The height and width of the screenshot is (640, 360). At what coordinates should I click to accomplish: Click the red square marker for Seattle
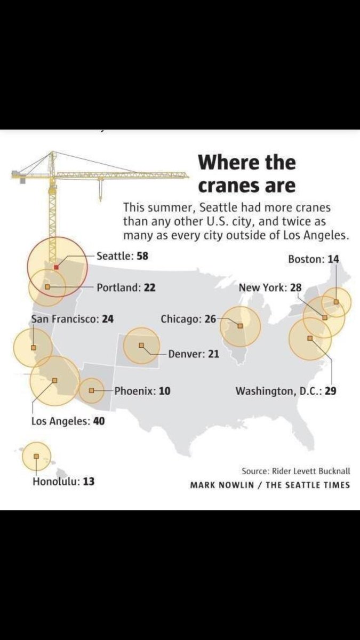pos(56,266)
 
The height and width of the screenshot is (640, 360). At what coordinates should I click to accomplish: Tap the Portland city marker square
pos(47,287)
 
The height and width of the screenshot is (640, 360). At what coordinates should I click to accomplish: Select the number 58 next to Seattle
pos(142,256)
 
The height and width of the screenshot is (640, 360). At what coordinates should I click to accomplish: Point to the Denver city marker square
pos(141,345)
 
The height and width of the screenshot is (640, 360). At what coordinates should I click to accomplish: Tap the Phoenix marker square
pos(92,391)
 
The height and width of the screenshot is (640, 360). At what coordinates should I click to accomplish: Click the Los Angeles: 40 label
pos(68,421)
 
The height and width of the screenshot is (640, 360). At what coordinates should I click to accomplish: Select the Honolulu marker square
pos(36,456)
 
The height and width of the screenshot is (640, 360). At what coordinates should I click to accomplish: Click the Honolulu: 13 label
pos(63,481)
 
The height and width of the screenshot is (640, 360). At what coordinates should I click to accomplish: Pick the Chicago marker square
pos(240,325)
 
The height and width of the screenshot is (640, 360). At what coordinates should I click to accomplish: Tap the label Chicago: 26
pos(188,319)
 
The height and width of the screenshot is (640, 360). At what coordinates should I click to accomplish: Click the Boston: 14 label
pos(313,259)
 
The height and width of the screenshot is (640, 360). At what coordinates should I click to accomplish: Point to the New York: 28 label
pos(270,287)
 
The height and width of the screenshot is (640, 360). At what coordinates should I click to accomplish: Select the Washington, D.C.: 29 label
pos(285,391)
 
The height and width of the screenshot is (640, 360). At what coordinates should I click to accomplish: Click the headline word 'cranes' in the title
pos(230,186)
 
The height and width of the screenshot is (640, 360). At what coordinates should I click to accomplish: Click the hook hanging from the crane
pos(100,189)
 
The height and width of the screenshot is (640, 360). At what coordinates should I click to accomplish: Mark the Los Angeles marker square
pos(54,380)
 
